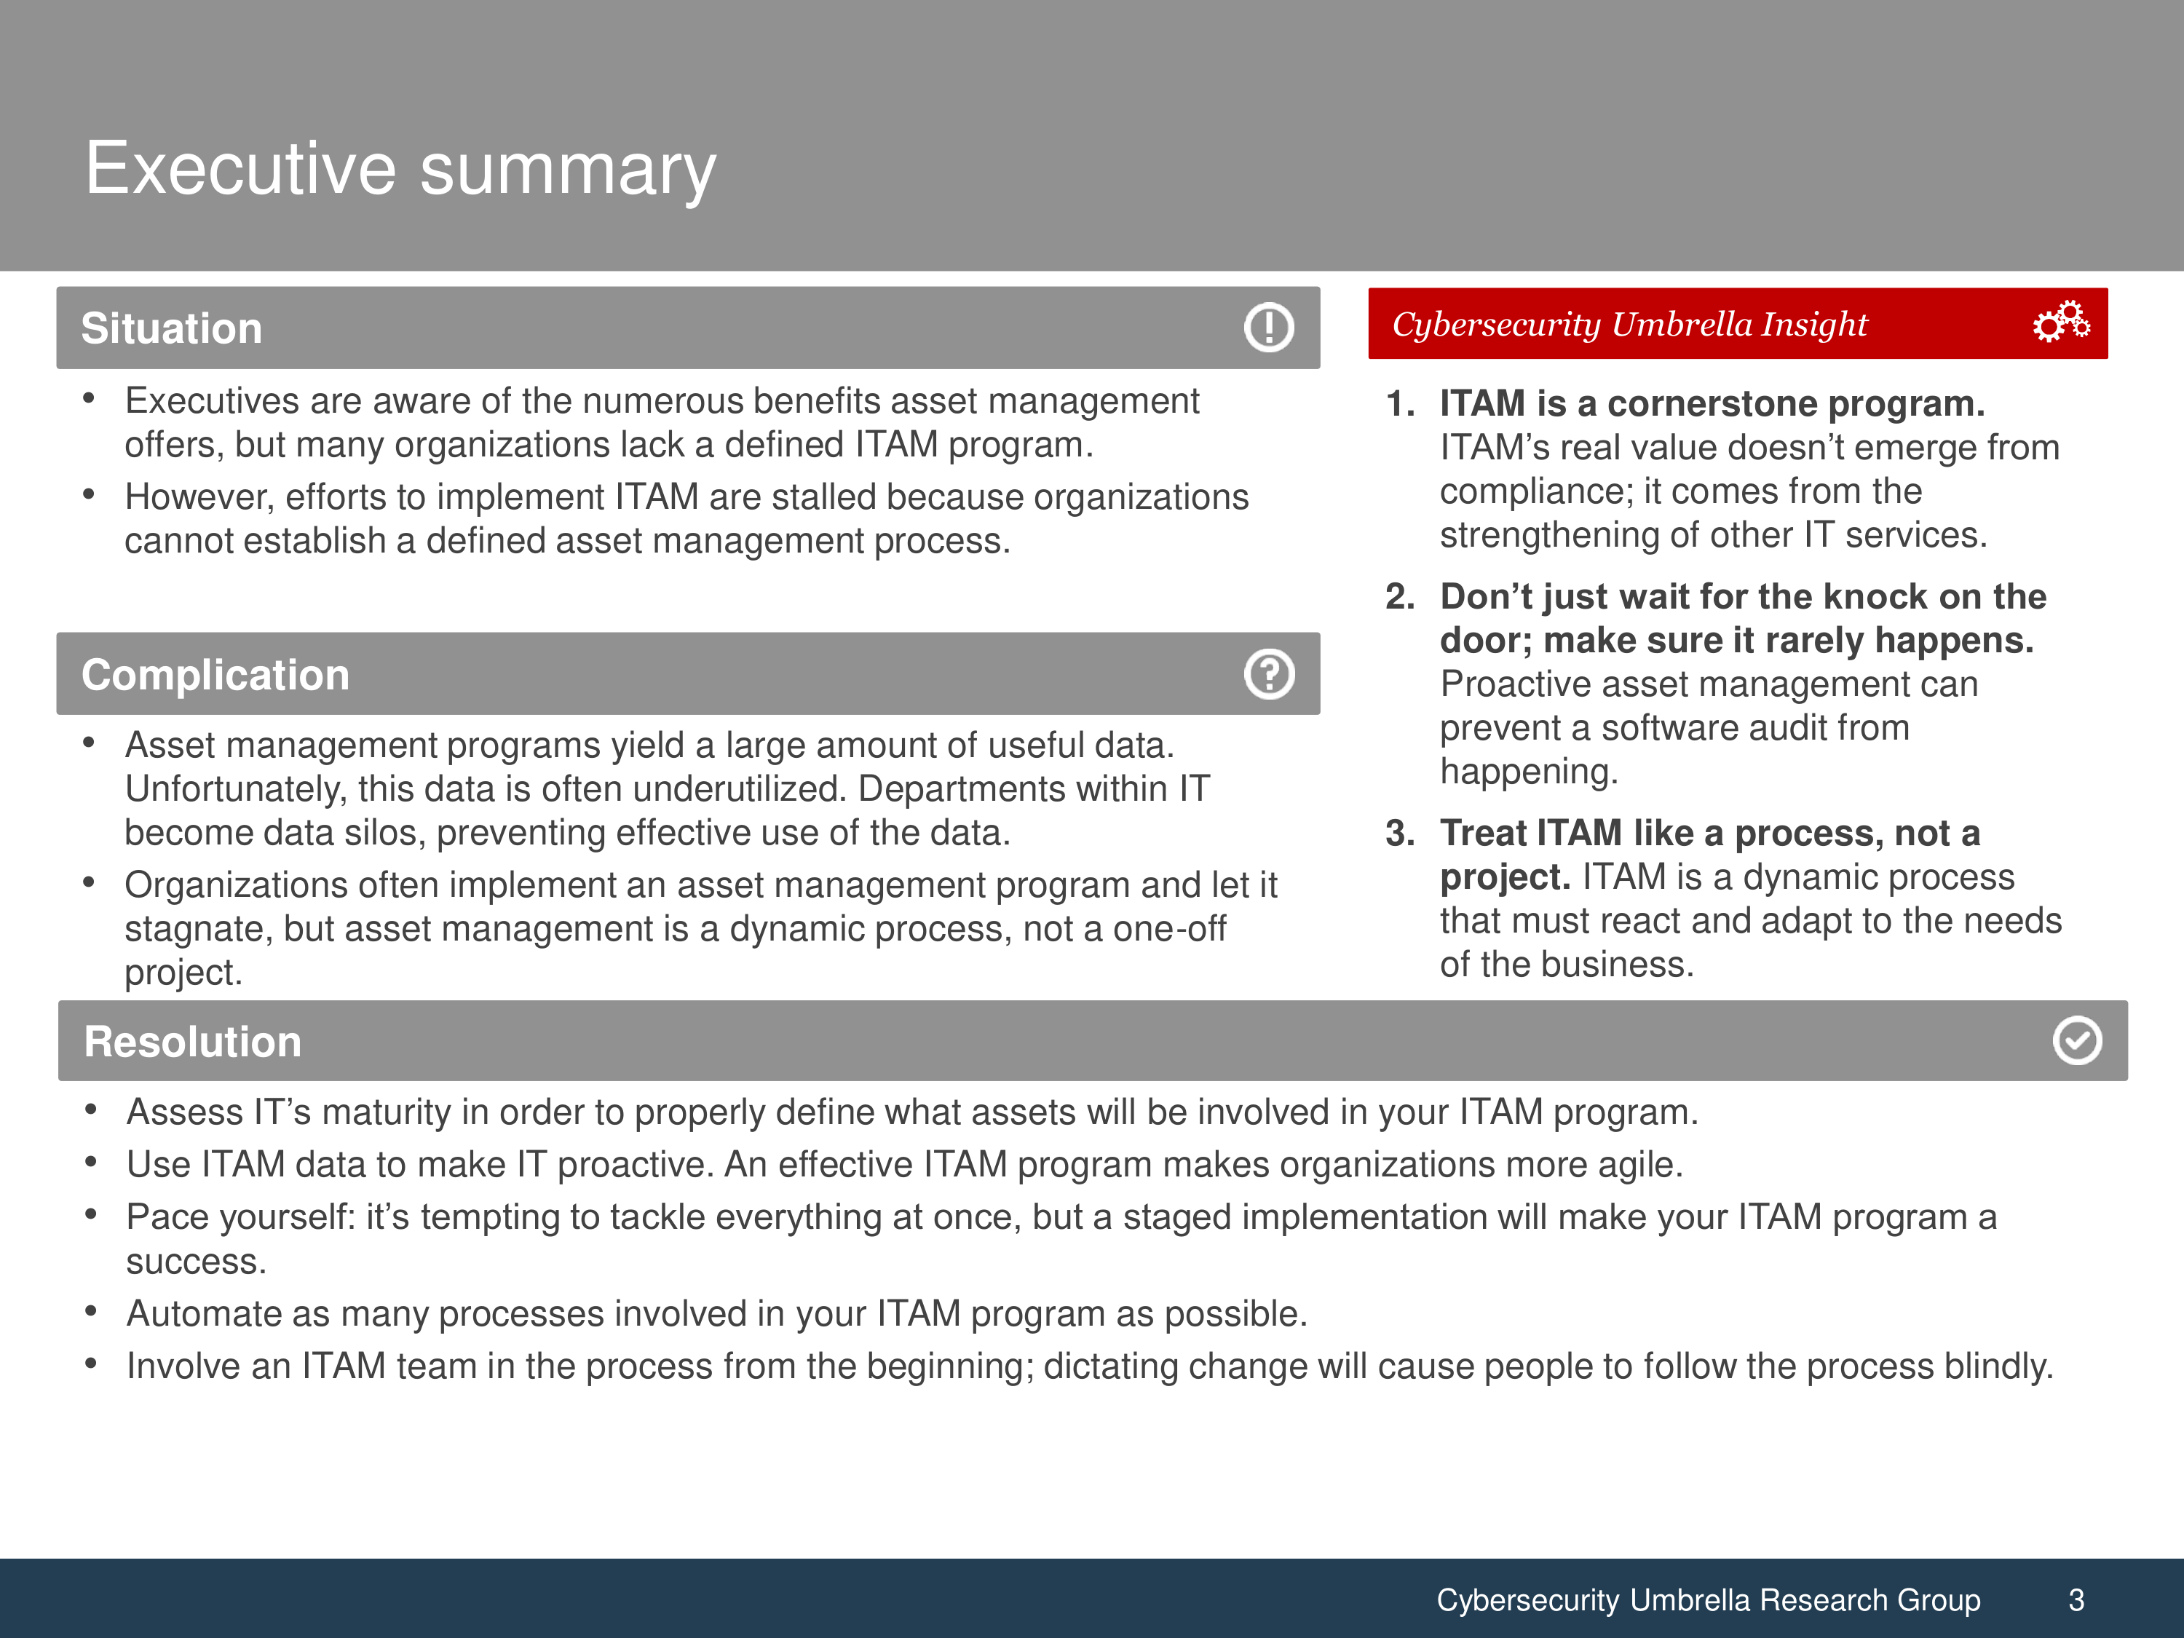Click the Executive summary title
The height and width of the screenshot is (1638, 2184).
click(x=400, y=169)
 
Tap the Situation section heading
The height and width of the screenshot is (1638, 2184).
click(x=172, y=328)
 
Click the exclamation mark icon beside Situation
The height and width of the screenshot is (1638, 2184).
click(x=1269, y=327)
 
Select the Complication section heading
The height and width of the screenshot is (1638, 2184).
click(x=215, y=674)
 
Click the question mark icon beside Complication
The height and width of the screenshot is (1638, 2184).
click(x=1269, y=674)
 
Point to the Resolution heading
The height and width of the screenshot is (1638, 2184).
click(x=192, y=1042)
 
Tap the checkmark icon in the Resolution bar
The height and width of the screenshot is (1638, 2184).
click(x=2078, y=1040)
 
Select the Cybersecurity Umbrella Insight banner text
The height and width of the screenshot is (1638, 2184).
click(x=1629, y=324)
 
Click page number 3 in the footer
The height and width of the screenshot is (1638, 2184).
click(x=2076, y=1599)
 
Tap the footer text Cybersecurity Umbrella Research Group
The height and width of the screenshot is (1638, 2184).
click(x=1708, y=1599)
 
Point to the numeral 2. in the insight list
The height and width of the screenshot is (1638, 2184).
click(x=1400, y=596)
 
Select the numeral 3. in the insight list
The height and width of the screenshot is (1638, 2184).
click(x=1400, y=834)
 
